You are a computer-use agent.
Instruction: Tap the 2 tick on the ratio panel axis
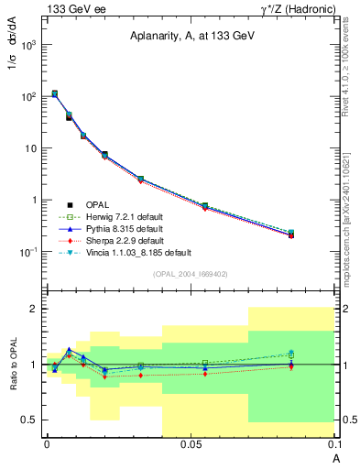(x=36, y=309)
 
